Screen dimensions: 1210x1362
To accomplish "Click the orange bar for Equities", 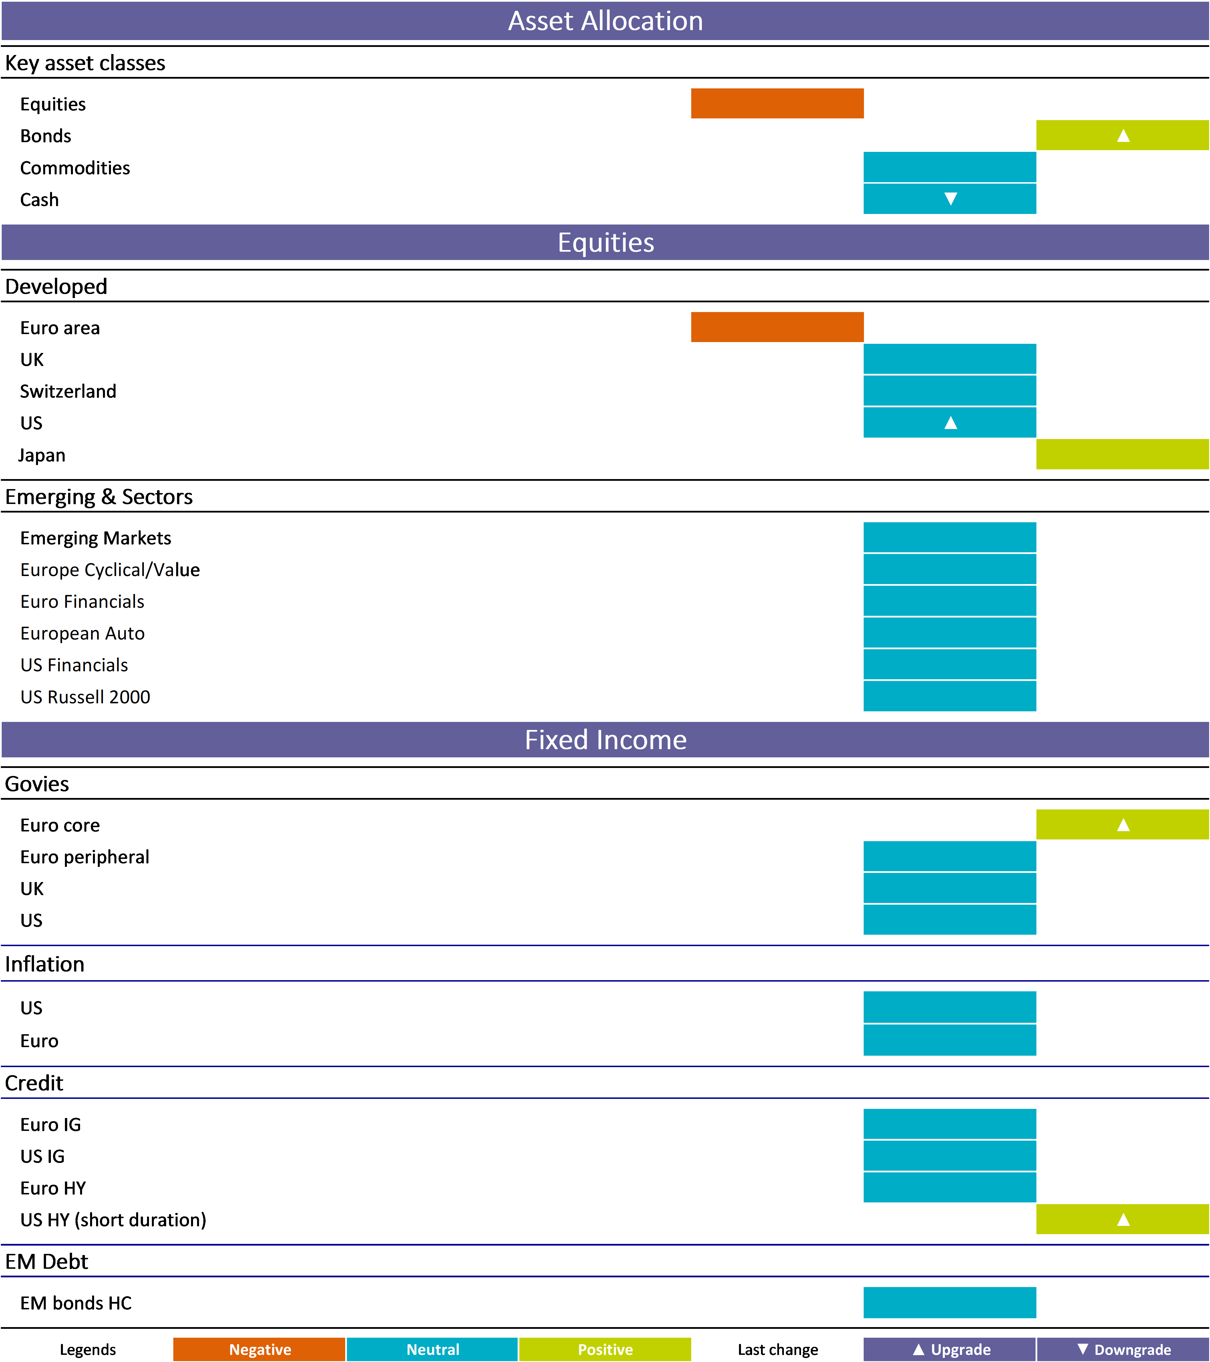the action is point(777,103).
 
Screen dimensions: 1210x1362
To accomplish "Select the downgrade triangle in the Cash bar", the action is point(951,198).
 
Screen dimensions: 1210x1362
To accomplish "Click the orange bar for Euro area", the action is point(777,327).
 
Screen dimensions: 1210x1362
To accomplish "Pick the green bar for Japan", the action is point(1123,454).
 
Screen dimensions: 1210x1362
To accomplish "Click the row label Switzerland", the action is point(68,391).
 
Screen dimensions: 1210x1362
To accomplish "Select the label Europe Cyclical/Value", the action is point(110,570).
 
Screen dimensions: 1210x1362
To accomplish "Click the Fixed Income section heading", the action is point(606,740).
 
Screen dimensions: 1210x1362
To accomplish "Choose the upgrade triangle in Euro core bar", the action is point(1123,825).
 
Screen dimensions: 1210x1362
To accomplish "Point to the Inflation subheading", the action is point(45,964).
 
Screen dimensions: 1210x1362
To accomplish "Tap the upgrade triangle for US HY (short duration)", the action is point(1123,1219).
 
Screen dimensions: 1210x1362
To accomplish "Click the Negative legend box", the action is point(259,1349).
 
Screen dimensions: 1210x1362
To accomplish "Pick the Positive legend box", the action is point(605,1349).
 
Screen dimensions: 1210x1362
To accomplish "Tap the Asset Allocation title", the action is point(606,21).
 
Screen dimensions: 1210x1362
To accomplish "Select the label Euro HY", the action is point(53,1188).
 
